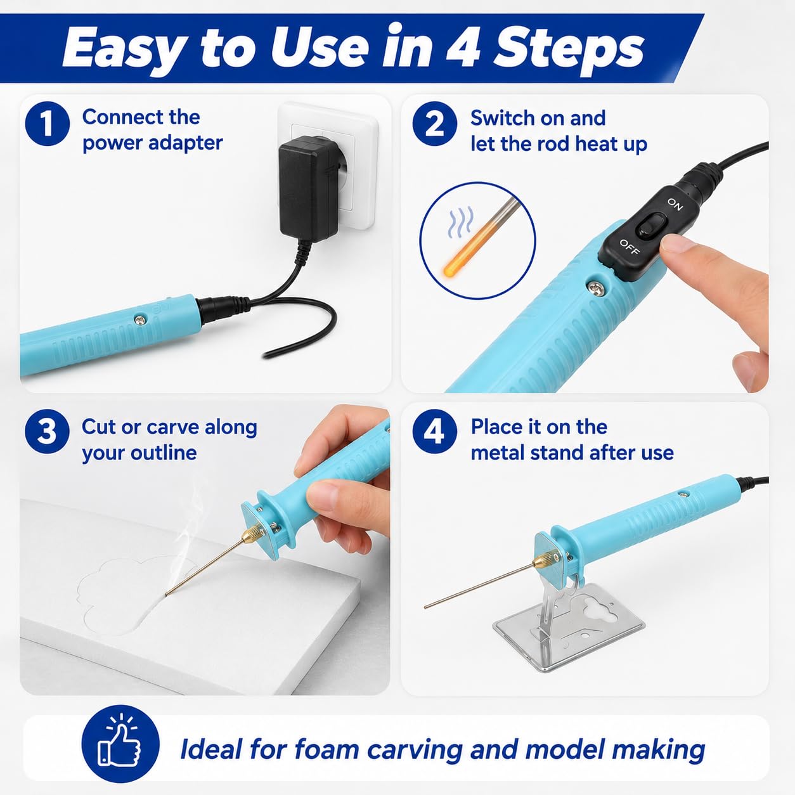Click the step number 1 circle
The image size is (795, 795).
47,124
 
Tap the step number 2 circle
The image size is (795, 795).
434,124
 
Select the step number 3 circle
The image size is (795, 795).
47,432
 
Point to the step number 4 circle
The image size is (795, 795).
434,432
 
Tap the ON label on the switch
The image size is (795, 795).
675,204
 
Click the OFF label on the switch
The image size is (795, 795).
630,246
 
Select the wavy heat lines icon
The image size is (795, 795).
461,223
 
